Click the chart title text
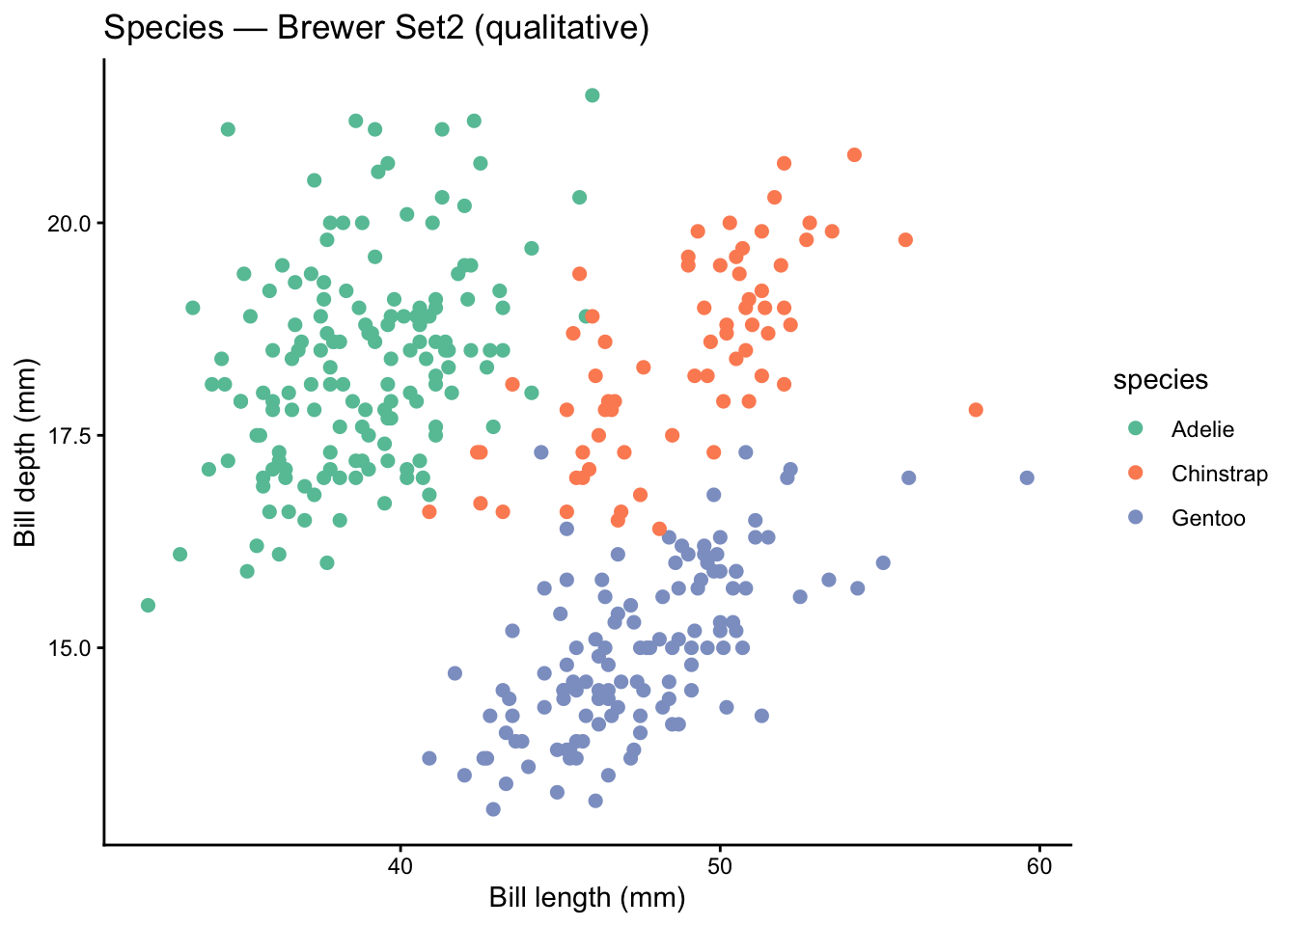376,28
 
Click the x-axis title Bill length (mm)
587,898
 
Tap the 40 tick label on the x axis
400,866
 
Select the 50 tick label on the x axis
719,866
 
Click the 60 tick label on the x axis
1039,866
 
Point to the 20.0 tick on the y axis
69,223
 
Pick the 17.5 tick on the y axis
69,436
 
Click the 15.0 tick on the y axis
69,648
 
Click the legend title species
1160,380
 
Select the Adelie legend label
1202,429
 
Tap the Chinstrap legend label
1219,474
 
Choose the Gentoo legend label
1208,518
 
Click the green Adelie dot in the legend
1135,428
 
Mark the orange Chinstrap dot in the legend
1135,473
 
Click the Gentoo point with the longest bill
1027,477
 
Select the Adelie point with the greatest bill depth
593,95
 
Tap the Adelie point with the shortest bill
148,605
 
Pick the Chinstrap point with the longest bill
976,410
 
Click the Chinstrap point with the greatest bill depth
854,155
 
